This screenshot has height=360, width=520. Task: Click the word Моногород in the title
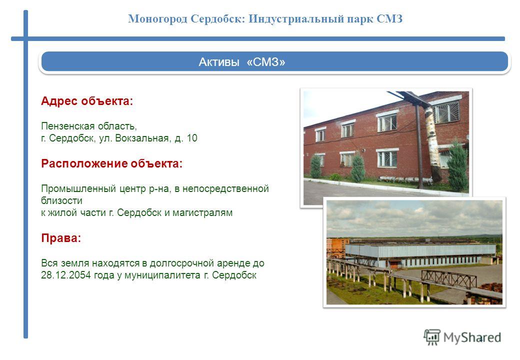[x=158, y=19]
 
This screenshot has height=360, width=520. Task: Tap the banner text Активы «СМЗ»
[x=242, y=62]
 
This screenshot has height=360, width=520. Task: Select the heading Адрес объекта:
[x=87, y=101]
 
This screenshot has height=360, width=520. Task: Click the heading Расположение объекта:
[x=112, y=163]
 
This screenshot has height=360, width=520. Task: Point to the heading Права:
[x=61, y=238]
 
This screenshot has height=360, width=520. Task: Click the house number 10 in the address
[x=192, y=138]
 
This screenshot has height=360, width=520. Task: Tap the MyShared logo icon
[x=432, y=337]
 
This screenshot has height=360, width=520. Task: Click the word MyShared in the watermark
[x=472, y=337]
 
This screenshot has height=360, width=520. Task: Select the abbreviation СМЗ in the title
[x=389, y=19]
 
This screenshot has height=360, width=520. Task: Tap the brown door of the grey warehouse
[x=394, y=264]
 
